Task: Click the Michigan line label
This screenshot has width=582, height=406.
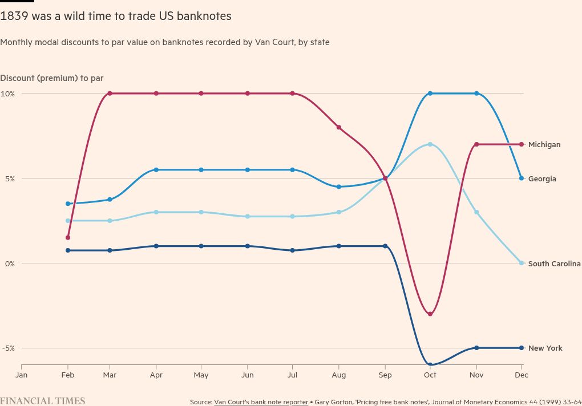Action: click(544, 145)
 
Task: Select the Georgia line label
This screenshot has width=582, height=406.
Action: click(541, 179)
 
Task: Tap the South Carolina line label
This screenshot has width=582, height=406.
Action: click(554, 264)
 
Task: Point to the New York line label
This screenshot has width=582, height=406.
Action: click(545, 348)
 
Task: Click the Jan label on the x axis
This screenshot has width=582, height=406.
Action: click(22, 375)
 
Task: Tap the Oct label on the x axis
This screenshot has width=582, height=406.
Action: click(430, 375)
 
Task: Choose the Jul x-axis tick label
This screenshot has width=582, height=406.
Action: click(292, 375)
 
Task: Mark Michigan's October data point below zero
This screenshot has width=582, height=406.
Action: click(430, 314)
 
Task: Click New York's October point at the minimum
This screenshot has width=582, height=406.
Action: click(430, 365)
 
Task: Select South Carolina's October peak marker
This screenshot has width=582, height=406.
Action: click(430, 144)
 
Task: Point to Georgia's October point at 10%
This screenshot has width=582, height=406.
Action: click(430, 94)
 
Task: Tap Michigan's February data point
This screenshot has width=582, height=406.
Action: click(68, 237)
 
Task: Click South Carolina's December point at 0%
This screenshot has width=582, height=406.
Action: click(522, 263)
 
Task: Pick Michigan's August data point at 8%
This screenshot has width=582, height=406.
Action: click(339, 127)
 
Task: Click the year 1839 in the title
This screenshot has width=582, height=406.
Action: click(14, 17)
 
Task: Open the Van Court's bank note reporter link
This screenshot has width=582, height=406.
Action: click(261, 402)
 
